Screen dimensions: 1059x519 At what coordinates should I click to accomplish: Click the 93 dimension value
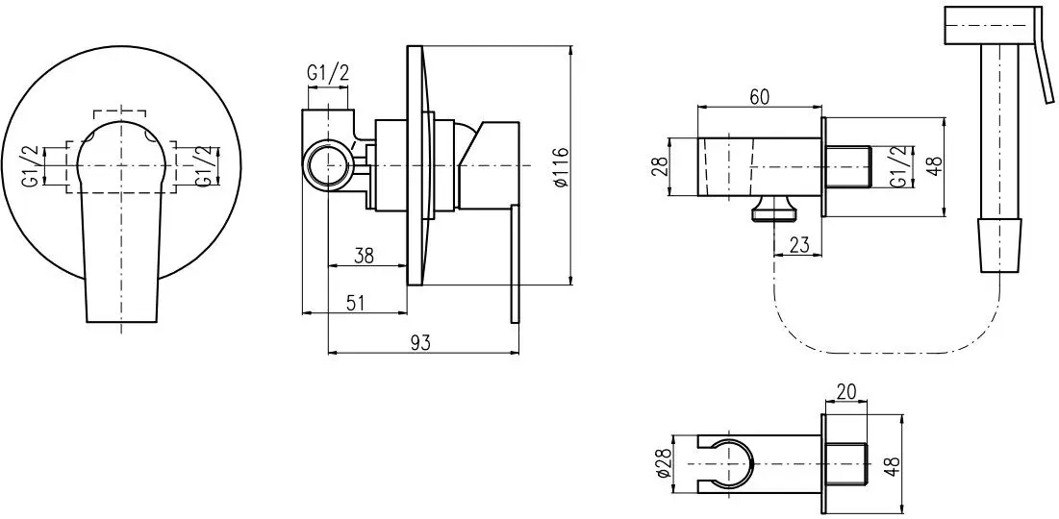click(x=420, y=343)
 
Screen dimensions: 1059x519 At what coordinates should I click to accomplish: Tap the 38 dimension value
click(x=364, y=255)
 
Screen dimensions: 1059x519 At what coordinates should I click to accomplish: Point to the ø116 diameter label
click(x=560, y=166)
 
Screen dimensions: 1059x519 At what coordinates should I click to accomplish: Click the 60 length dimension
click(x=759, y=97)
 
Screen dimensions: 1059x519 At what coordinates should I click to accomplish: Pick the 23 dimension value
click(x=799, y=245)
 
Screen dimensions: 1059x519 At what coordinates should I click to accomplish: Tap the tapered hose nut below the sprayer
click(x=1000, y=245)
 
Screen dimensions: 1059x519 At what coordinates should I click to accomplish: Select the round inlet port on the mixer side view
click(x=328, y=164)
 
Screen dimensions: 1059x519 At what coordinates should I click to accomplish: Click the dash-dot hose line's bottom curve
click(x=885, y=353)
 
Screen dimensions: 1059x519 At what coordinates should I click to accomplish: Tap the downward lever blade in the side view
click(x=515, y=263)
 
